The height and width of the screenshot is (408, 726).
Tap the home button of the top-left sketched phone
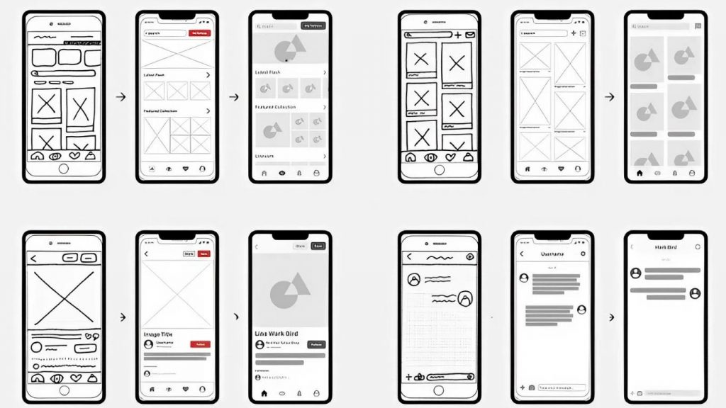pos(64,169)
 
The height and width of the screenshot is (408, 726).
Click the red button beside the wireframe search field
pos(201,33)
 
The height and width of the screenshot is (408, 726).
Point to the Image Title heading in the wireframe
pos(158,334)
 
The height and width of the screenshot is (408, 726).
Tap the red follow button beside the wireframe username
pos(201,344)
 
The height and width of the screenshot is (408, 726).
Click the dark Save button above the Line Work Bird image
pos(318,246)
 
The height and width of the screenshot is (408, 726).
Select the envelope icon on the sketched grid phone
pos(471,34)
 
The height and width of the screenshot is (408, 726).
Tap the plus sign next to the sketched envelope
pos(458,34)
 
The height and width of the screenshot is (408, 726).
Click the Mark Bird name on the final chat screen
pos(665,247)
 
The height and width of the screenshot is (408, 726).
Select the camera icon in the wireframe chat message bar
pos(531,387)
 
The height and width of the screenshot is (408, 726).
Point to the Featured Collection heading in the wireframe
pos(160,111)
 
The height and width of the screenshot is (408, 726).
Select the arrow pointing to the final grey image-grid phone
pos(609,97)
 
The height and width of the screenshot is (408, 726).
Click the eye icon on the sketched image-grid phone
pos(430,157)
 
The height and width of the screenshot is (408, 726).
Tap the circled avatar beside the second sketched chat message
pos(464,299)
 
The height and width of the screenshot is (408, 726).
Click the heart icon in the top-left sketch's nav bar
pos(74,157)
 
